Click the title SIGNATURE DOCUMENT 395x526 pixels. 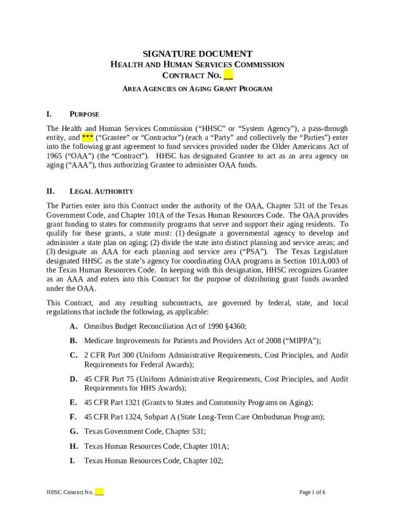[197, 54]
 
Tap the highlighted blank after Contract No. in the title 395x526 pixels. [228, 76]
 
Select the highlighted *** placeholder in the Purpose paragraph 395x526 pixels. [87, 138]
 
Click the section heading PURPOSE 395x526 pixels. [84, 114]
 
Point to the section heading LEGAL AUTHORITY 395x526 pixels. [102, 192]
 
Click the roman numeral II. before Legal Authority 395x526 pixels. [51, 192]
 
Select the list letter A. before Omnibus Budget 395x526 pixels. [74, 326]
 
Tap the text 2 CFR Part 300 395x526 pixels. [108, 355]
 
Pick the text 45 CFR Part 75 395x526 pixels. [106, 379]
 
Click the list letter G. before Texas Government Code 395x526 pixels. [74, 432]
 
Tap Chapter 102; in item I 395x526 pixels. [203, 461]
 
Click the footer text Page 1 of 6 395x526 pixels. [312, 492]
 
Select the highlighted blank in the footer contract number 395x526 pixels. [100, 492]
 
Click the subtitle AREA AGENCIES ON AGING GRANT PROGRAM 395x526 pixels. [197, 89]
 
